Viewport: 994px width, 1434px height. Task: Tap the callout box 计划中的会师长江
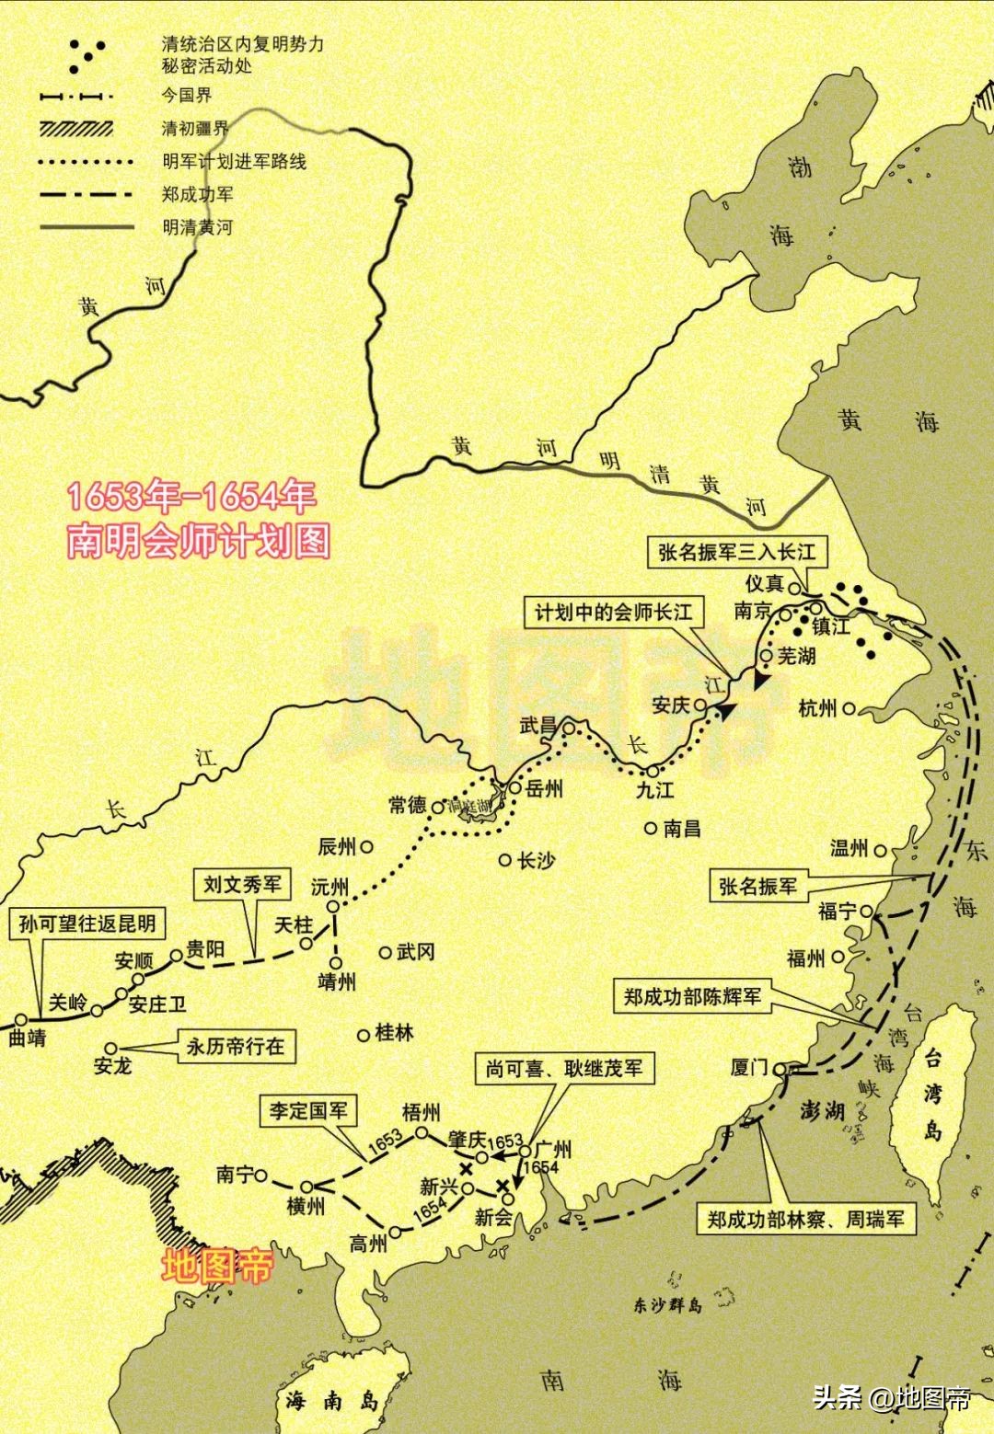coord(613,613)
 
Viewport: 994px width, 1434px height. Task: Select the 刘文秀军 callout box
coord(241,885)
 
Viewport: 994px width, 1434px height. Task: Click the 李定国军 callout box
coord(308,1110)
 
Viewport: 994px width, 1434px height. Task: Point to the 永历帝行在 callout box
coord(236,1047)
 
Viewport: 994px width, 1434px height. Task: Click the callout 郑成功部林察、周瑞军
coord(806,1220)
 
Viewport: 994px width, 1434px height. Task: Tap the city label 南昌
coord(682,828)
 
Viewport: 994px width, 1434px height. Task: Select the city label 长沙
coord(537,860)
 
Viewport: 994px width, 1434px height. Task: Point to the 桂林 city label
coord(395,1033)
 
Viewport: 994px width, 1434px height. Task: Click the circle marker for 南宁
coord(261,1175)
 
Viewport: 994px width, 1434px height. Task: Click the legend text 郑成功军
coord(197,194)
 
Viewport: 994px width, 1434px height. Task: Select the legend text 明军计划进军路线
coord(234,162)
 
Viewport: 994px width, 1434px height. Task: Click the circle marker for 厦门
coord(780,1070)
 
